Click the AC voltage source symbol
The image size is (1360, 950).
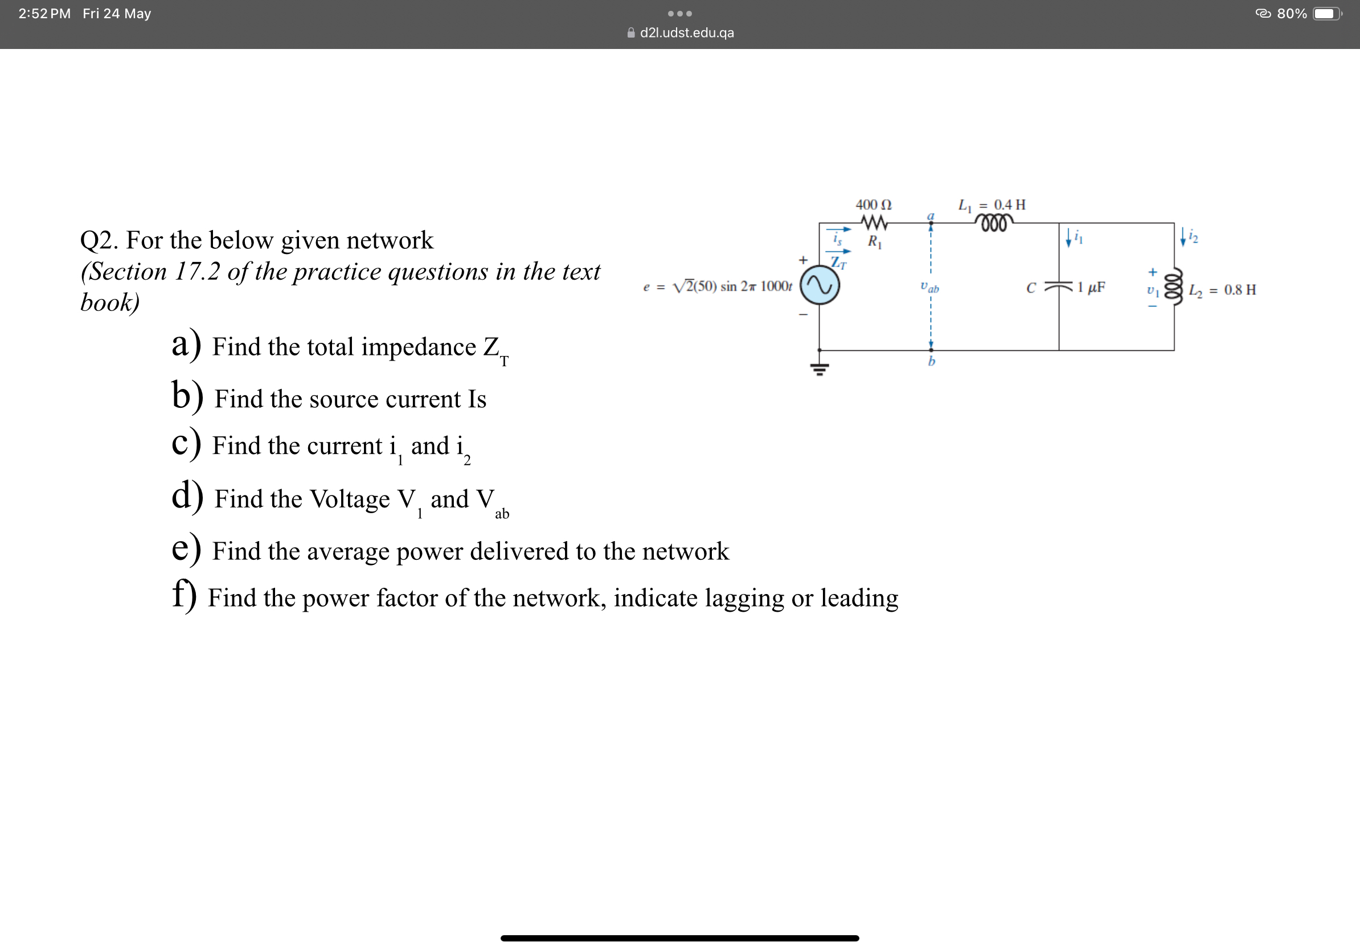coord(819,285)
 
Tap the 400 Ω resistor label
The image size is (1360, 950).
coord(873,205)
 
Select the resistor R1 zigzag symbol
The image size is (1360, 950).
coord(874,223)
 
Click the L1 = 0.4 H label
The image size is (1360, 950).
coord(992,205)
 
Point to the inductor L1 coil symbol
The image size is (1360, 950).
coord(994,223)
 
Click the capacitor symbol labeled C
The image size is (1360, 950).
coord(1059,287)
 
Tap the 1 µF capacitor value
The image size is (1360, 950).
coord(1091,287)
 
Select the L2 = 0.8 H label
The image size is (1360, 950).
coord(1222,290)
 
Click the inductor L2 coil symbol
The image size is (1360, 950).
coord(1173,287)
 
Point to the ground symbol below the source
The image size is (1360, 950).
coord(819,369)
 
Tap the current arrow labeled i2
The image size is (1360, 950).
coord(1183,237)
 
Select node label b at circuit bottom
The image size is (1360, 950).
coord(931,361)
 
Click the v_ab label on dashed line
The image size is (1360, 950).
coord(929,288)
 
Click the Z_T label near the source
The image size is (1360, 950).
coord(838,263)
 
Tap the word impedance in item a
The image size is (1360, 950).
coord(418,347)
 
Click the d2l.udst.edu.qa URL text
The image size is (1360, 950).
coord(686,32)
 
